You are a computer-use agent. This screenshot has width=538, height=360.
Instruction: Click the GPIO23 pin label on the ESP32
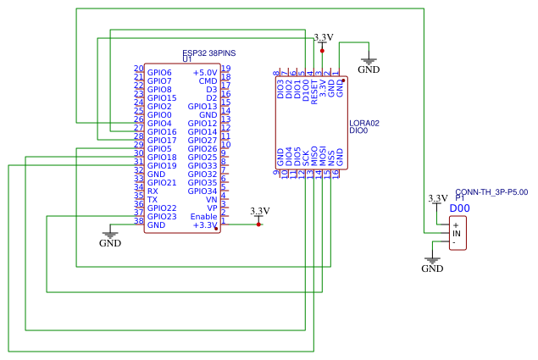pos(162,217)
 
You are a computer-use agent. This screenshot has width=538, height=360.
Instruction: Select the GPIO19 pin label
pos(162,166)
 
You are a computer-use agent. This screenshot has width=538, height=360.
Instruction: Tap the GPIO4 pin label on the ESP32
pos(159,124)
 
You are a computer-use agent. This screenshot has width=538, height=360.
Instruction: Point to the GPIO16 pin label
pos(162,132)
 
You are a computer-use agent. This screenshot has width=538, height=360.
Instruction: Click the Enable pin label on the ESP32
pos(203,217)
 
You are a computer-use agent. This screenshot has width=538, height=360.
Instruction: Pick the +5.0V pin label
pos(204,73)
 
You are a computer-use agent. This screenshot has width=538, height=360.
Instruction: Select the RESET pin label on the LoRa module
pos(314,89)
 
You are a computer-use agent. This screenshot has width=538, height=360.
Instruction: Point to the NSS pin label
pos(331,158)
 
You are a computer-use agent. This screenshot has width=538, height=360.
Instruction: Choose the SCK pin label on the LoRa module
pos(306,158)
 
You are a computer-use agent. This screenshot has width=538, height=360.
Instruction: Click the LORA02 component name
pos(364,124)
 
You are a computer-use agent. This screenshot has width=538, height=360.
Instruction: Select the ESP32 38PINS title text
pos(208,53)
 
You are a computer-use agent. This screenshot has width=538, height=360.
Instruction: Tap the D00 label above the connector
pos(459,208)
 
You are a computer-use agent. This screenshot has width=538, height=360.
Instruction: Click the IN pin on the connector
pos(456,233)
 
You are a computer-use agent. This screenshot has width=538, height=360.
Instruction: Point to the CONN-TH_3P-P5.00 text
pos(491,192)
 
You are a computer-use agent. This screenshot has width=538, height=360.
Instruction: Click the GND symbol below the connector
pos(432,264)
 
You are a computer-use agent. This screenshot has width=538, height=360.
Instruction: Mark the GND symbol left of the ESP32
pos(110,239)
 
